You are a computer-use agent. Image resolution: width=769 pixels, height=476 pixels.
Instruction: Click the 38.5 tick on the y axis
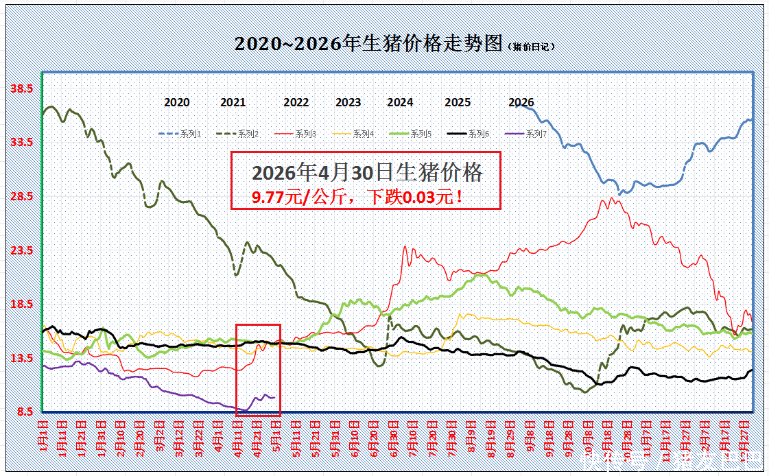tap(23, 88)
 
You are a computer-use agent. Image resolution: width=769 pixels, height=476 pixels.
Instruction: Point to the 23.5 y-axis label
tap(23, 250)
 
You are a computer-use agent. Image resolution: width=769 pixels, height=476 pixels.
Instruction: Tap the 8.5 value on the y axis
tap(25, 412)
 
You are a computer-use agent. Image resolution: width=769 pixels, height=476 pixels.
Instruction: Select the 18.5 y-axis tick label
tap(23, 304)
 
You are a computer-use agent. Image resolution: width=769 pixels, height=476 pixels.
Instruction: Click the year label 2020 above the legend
tap(177, 102)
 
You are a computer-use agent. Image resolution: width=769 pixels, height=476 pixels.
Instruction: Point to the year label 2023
tap(348, 102)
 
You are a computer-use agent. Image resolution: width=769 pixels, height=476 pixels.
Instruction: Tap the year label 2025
tap(458, 102)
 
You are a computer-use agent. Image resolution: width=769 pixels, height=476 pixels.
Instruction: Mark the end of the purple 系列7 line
tap(274, 397)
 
